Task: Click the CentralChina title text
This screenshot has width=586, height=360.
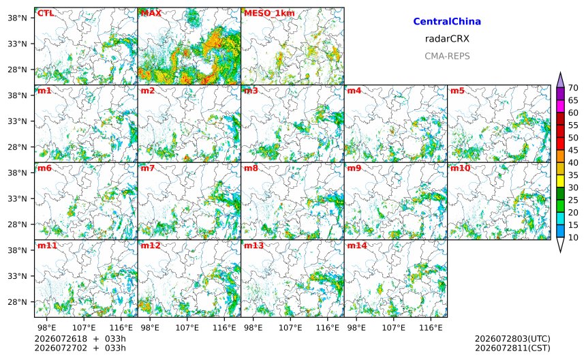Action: click(x=447, y=22)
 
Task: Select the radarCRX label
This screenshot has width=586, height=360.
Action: click(x=447, y=39)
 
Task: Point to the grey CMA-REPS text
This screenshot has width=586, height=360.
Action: click(x=447, y=56)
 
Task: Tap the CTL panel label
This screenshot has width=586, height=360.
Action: click(x=46, y=14)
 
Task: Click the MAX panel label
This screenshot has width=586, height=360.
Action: click(x=151, y=14)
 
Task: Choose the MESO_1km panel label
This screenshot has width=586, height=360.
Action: click(x=269, y=14)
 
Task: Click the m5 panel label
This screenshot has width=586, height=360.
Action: click(x=457, y=91)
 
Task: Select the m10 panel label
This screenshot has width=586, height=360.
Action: click(x=460, y=168)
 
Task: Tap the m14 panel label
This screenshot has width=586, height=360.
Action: click(x=357, y=245)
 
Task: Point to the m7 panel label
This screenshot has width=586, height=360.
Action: click(x=148, y=168)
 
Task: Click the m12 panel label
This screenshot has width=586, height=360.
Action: click(x=150, y=245)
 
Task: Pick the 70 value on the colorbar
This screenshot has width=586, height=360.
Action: click(x=573, y=88)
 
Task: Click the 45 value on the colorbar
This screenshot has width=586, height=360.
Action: click(x=573, y=150)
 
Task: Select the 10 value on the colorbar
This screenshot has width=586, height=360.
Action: click(x=573, y=237)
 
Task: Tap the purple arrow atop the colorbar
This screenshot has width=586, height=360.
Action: click(x=560, y=80)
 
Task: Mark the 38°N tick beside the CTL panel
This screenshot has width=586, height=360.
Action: click(x=17, y=18)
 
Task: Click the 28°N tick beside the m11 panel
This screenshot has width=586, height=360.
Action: click(x=17, y=302)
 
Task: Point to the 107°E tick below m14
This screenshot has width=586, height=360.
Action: click(x=394, y=328)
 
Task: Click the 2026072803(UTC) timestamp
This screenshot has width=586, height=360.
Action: click(x=512, y=339)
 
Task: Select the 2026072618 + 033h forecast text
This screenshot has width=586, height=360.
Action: click(x=80, y=339)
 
